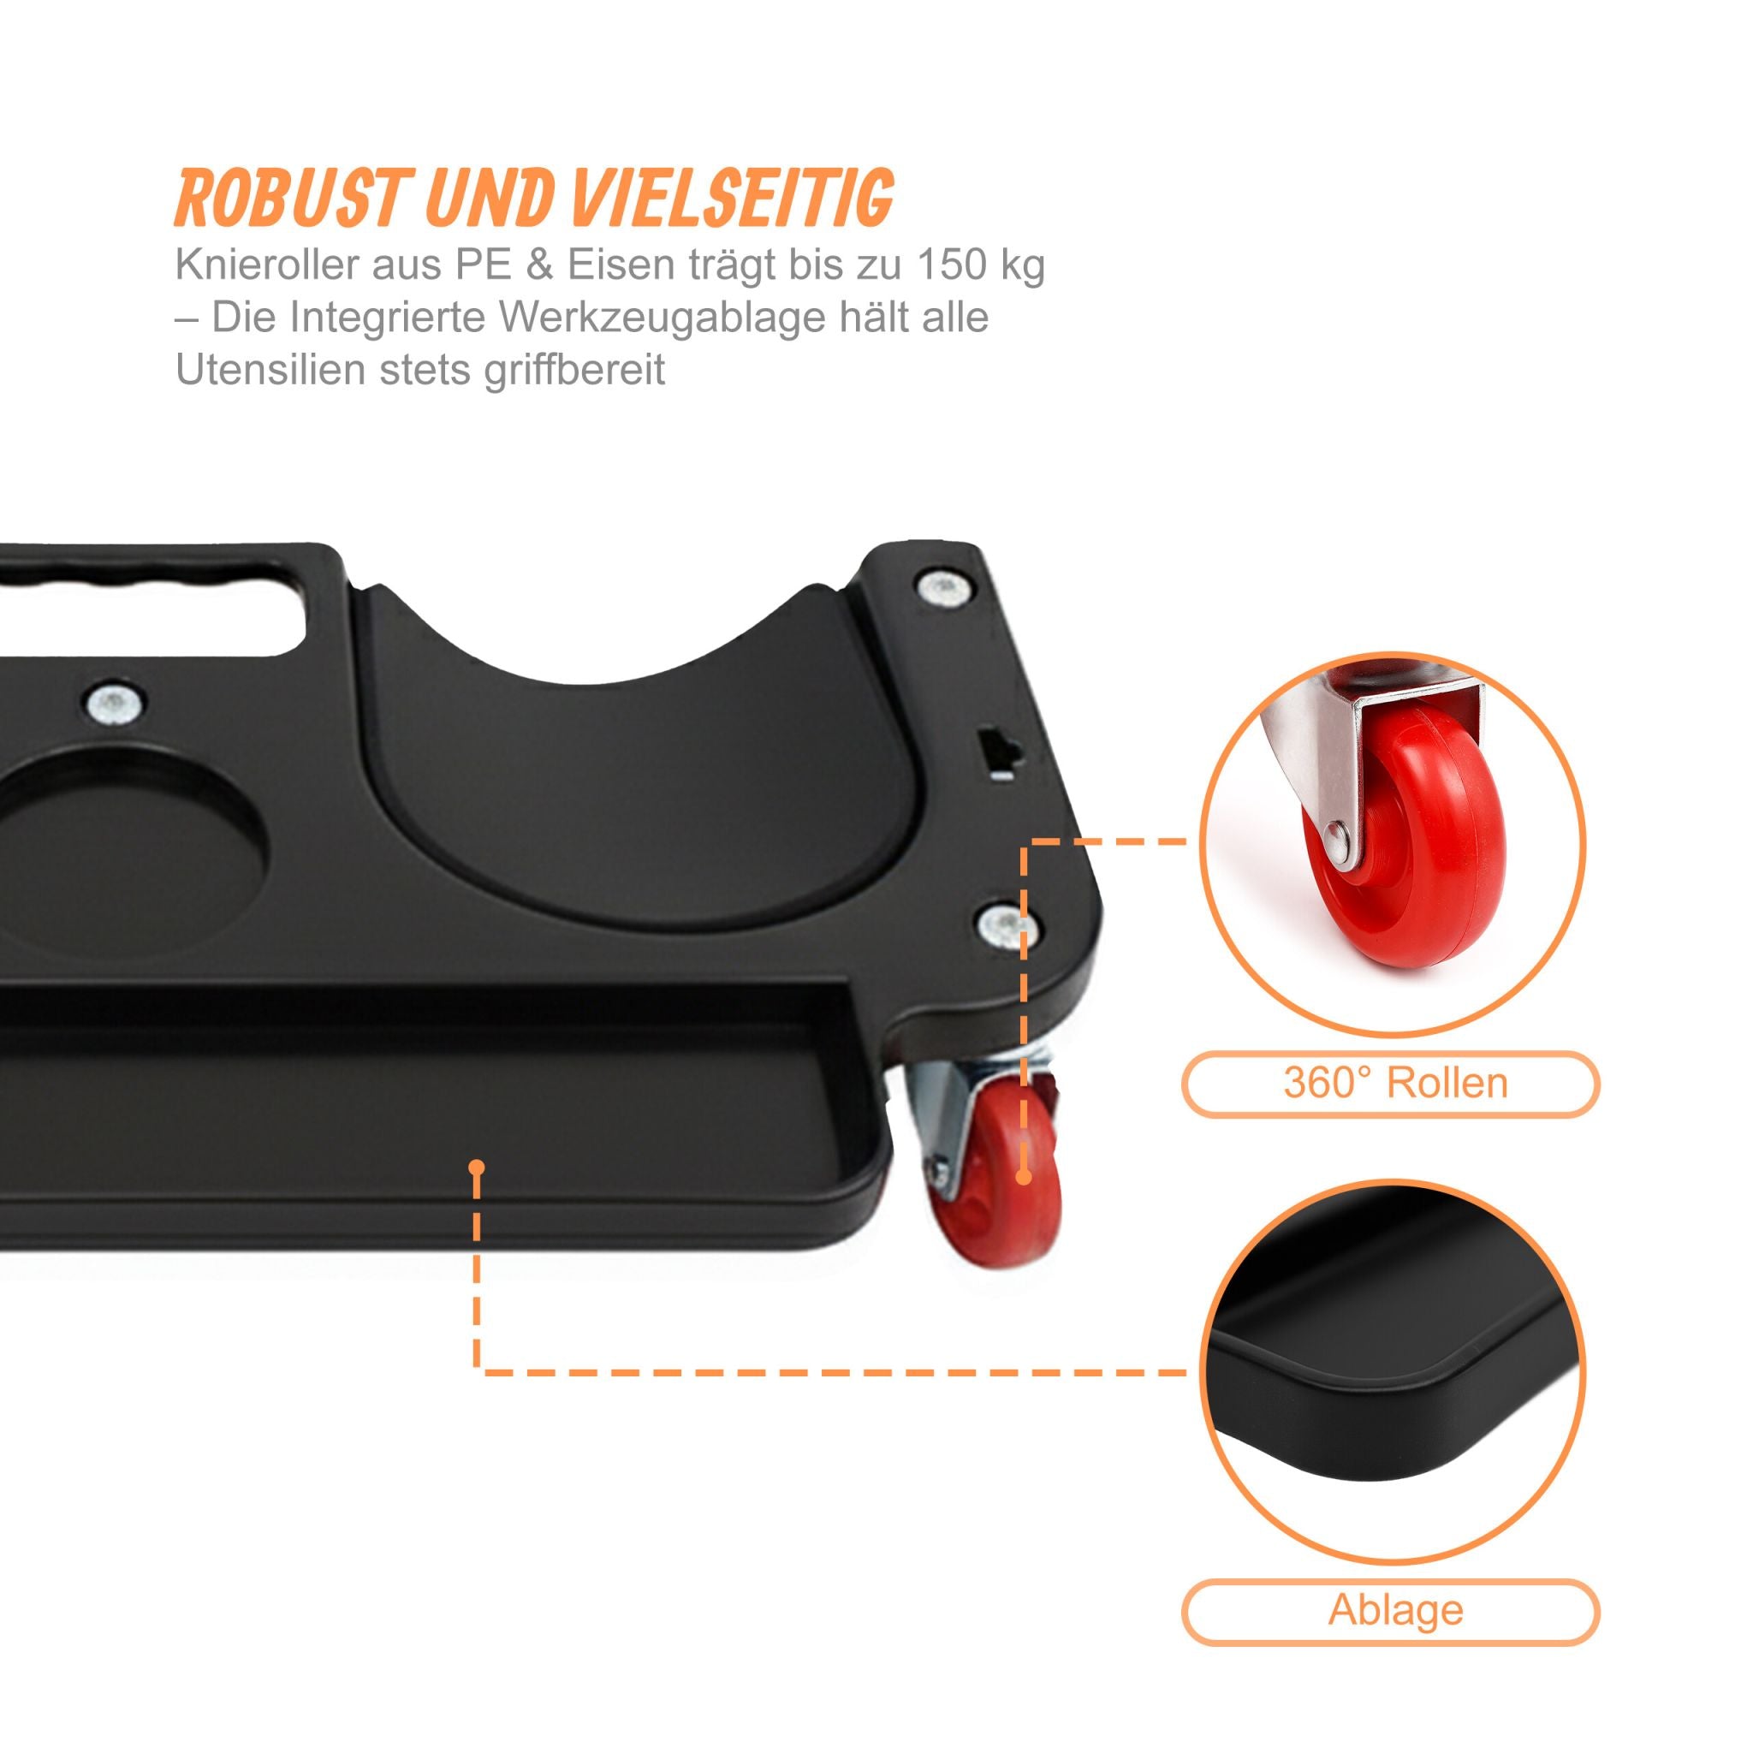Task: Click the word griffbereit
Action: coord(574,370)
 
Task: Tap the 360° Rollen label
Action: coord(1394,1083)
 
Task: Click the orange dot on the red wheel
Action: coord(1024,1178)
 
